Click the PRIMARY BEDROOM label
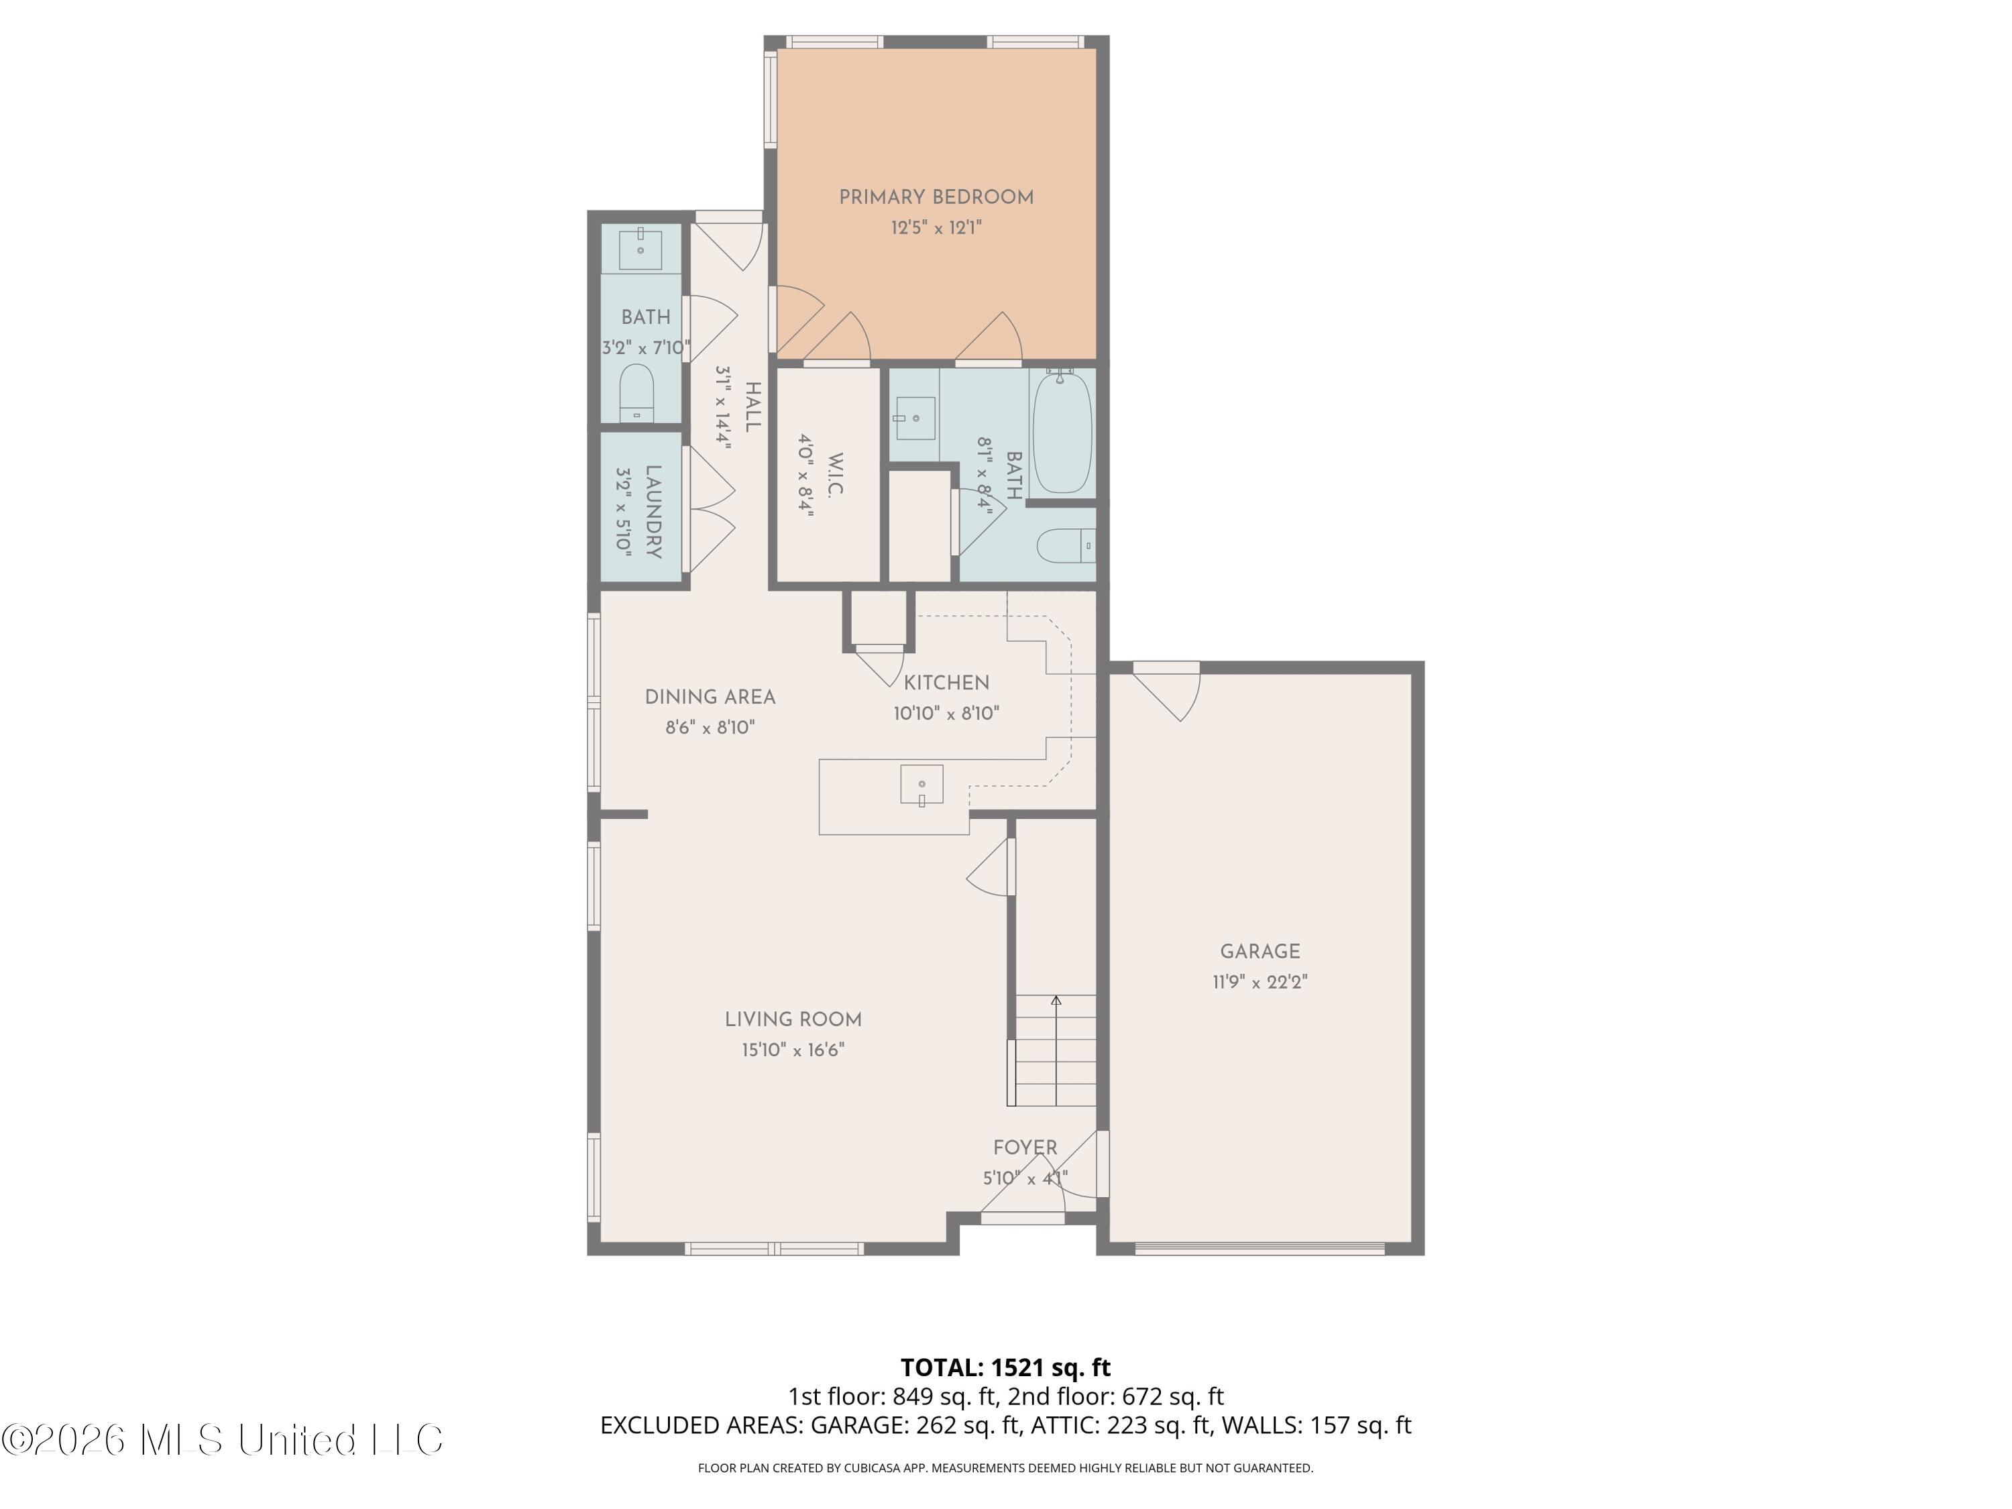[x=936, y=197]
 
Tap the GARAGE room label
[x=1260, y=952]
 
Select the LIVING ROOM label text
[x=793, y=1019]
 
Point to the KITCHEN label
[x=946, y=683]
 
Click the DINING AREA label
[x=710, y=697]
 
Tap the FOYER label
[x=1025, y=1148]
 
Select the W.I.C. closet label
[x=836, y=474]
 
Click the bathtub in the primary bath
[x=1062, y=432]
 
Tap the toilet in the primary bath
[x=1066, y=546]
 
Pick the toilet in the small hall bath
[x=636, y=393]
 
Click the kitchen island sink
[x=921, y=785]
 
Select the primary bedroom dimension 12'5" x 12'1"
[x=936, y=227]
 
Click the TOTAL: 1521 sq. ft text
[x=1005, y=1367]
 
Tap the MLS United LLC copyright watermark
[x=223, y=1439]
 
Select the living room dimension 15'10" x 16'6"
[x=793, y=1050]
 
